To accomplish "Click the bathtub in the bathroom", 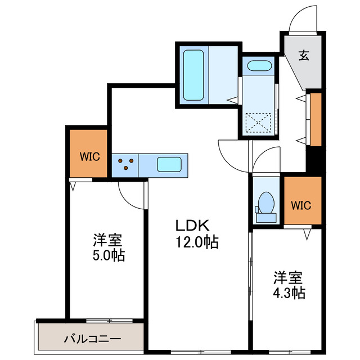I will (194, 75).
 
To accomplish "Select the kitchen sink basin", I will (168, 165).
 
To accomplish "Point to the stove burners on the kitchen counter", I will (126, 164).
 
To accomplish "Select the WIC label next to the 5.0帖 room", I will (89, 156).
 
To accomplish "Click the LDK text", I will (192, 226).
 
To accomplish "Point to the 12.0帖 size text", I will (196, 242).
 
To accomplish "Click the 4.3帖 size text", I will (290, 293).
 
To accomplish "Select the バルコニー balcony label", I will (92, 339).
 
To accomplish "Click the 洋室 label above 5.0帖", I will (107, 240).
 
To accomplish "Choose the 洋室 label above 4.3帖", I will (288, 277).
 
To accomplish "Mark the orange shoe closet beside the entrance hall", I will (316, 118).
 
